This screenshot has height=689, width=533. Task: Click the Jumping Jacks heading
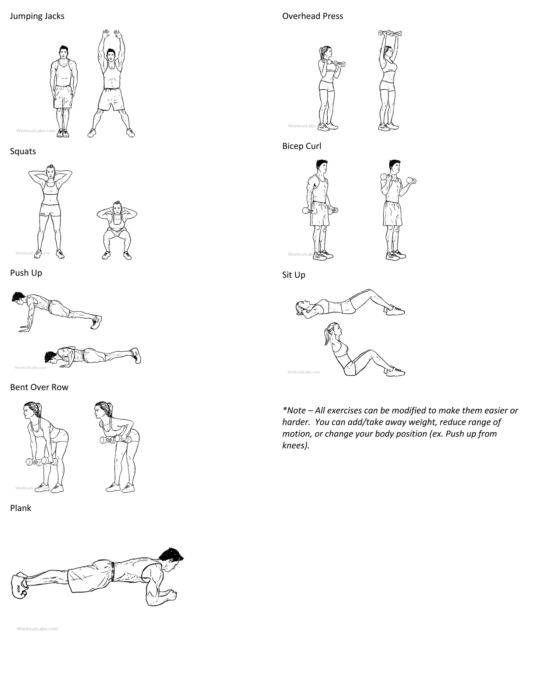(37, 16)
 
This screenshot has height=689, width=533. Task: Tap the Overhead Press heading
(312, 16)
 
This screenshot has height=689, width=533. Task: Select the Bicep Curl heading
(302, 146)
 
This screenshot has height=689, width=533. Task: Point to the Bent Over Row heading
(39, 387)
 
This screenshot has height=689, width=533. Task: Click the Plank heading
(21, 508)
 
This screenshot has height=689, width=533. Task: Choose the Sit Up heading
(294, 275)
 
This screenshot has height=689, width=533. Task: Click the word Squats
(23, 151)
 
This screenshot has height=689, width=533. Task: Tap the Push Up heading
(26, 273)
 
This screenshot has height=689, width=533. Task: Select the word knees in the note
(295, 445)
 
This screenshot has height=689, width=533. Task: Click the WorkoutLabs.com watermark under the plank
(37, 629)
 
